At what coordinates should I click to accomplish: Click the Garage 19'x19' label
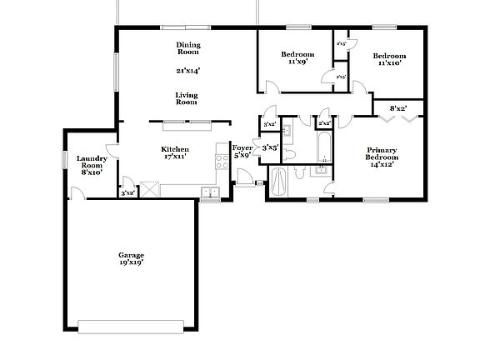(131, 258)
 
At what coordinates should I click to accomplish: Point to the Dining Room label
(188, 48)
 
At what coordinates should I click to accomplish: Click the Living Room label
(187, 98)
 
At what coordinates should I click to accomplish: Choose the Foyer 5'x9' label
(242, 151)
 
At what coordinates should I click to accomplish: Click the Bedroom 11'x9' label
(296, 57)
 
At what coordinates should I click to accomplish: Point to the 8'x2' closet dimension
(399, 108)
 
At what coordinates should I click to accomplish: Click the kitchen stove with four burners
(222, 161)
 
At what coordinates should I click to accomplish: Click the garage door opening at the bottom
(131, 324)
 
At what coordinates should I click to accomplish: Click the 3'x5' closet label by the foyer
(270, 147)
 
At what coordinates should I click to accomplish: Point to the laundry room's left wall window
(64, 158)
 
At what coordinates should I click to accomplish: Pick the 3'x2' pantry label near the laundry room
(127, 193)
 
